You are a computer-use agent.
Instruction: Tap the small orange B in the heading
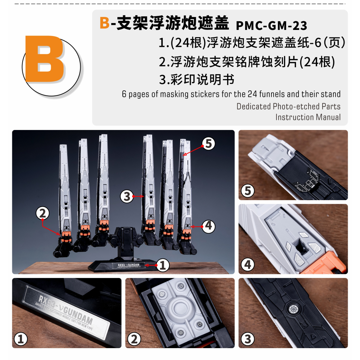(x=104, y=23)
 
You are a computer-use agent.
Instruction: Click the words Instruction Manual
(x=308, y=117)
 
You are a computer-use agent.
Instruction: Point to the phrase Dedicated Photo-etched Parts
(x=288, y=106)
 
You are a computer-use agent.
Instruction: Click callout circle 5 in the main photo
(x=208, y=144)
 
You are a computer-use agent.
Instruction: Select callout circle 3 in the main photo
(x=127, y=196)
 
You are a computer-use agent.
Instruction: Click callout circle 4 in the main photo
(x=208, y=226)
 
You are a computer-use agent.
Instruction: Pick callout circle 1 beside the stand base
(x=163, y=265)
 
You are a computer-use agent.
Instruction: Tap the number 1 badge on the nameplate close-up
(x=21, y=339)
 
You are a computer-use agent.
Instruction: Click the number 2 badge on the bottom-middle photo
(x=134, y=339)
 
